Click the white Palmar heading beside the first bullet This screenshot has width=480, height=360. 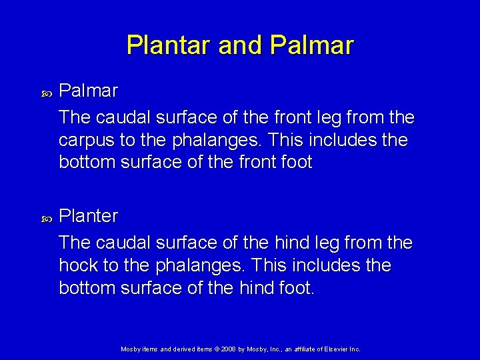click(89, 90)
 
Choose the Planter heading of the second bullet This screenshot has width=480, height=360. click(89, 216)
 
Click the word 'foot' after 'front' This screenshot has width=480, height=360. click(292, 163)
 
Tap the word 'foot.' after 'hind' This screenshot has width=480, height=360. click(294, 288)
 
